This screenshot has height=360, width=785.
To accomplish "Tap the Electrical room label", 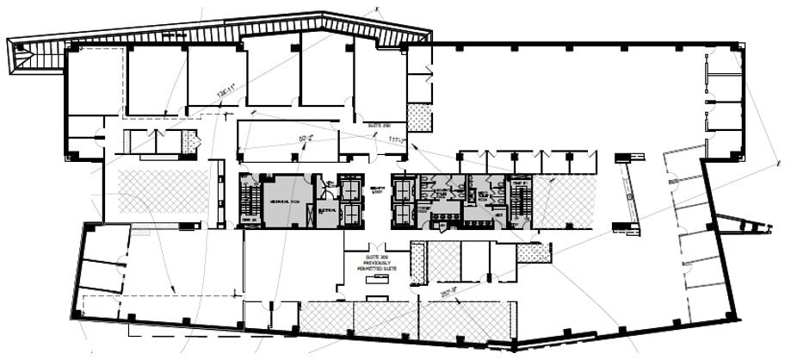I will coord(326,209).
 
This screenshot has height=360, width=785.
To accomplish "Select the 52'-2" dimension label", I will coord(305,138).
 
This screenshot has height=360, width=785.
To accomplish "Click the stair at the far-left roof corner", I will coord(22,59).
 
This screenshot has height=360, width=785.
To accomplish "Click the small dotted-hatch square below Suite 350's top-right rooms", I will coord(419,117).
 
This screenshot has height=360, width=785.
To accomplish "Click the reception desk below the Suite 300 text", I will coord(377,298).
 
